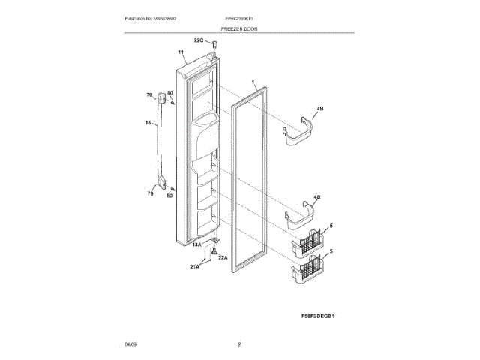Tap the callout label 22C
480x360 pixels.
(199, 40)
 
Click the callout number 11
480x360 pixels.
(181, 52)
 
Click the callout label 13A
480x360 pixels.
(197, 244)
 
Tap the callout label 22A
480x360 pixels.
(222, 257)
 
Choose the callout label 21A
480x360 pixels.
(195, 267)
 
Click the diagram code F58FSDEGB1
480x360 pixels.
(316, 316)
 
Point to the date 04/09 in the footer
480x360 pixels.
(130, 343)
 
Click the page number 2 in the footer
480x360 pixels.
(239, 343)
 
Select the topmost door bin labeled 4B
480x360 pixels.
(301, 130)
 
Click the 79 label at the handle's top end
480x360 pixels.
(149, 94)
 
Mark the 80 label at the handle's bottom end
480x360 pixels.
(169, 196)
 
